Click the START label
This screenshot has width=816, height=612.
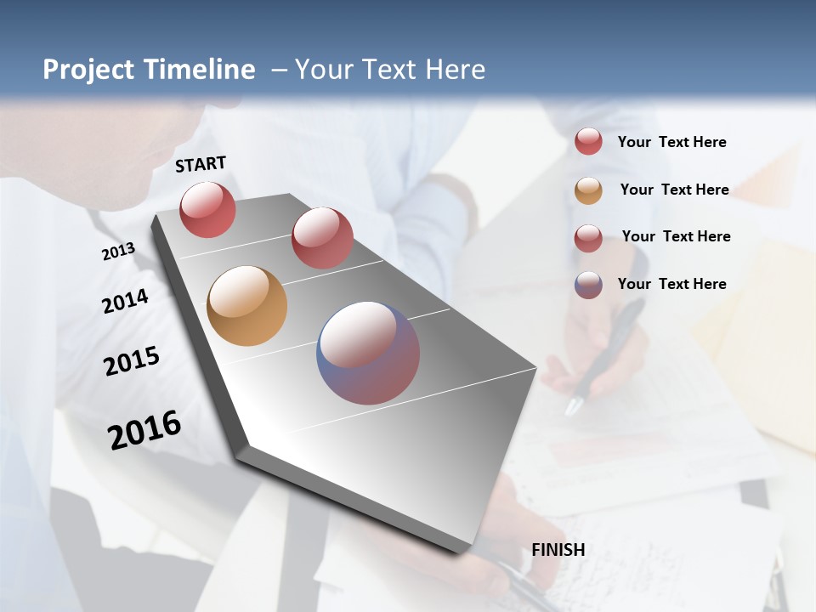(201, 164)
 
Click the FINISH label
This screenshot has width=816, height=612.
(558, 550)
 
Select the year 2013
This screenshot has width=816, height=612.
(118, 252)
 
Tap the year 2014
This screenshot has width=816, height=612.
(125, 301)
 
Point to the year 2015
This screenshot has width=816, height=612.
(132, 361)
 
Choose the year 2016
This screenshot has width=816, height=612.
(144, 430)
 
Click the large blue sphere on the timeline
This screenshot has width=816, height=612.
(368, 353)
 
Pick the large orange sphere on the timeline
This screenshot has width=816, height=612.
(246, 306)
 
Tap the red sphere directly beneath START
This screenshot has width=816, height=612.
(207, 209)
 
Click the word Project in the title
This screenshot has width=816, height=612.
(88, 70)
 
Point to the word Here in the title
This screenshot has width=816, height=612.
(455, 70)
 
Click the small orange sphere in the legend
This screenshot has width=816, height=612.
(588, 190)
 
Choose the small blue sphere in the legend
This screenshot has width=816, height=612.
(588, 285)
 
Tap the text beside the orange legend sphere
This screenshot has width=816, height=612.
(674, 190)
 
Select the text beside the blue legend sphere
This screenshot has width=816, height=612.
(671, 284)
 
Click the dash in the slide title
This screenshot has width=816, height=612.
(278, 71)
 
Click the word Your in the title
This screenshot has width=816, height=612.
(321, 70)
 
